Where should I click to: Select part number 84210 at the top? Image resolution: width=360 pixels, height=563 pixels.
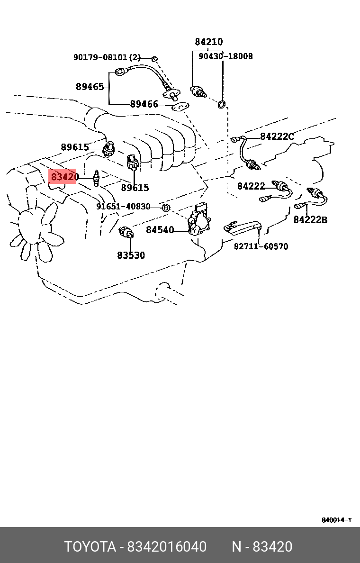[208, 42]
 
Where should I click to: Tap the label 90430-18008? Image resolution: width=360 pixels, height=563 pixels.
[225, 56]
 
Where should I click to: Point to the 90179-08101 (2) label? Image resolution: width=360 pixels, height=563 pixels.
[107, 57]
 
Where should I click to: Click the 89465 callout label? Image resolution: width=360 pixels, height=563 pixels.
[90, 87]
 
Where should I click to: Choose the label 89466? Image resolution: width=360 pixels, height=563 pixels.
[144, 104]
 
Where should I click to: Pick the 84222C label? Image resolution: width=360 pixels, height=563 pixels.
[277, 137]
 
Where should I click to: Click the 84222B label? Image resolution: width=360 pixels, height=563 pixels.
[310, 220]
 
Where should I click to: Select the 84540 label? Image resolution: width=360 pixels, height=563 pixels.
[160, 230]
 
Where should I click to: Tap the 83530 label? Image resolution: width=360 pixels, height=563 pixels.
[131, 255]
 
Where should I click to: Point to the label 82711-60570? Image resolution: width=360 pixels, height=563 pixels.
[261, 246]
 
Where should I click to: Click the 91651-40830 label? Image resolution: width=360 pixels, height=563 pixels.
[123, 207]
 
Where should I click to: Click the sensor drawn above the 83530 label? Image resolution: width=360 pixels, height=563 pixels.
[127, 232]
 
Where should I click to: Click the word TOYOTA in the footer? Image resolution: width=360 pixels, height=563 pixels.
[90, 547]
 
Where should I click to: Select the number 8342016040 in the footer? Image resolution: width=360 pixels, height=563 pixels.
[166, 547]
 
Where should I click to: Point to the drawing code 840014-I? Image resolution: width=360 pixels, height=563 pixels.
[336, 520]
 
